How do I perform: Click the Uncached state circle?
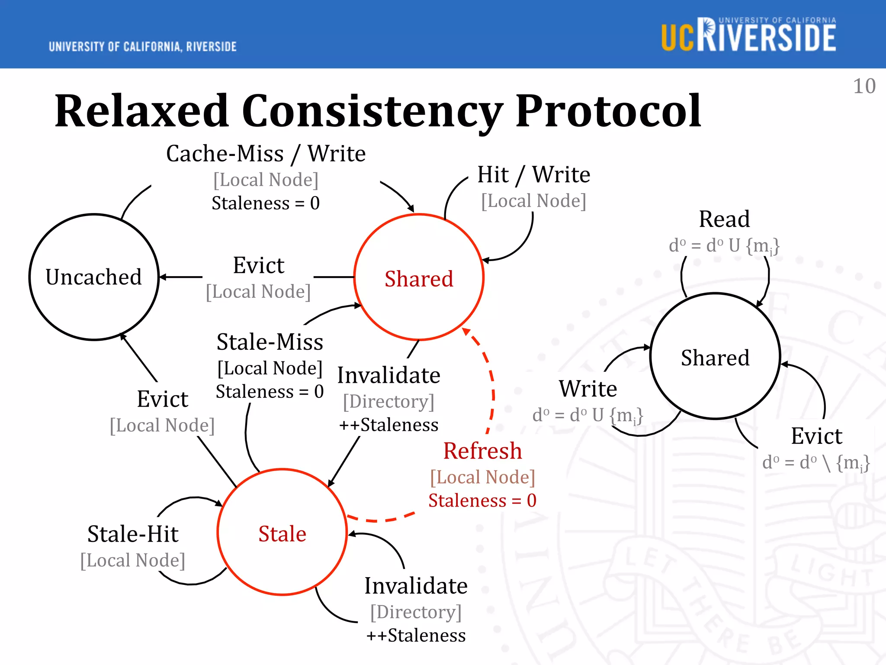(x=94, y=277)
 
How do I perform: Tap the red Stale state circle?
(x=282, y=533)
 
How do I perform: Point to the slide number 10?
(x=864, y=86)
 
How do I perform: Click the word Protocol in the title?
(x=608, y=111)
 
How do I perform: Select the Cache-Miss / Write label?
(x=266, y=154)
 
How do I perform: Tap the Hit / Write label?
(x=533, y=174)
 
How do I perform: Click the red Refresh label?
(x=482, y=451)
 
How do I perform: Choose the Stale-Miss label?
(x=270, y=342)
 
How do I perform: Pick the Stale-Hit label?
(x=133, y=533)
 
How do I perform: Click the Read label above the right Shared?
(x=724, y=219)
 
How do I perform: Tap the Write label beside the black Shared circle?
(x=587, y=388)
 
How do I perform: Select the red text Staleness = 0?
(x=482, y=500)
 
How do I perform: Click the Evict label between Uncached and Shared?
(x=258, y=265)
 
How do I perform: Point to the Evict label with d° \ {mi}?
(x=816, y=436)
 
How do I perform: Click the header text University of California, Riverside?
(x=142, y=46)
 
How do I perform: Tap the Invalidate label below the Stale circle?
(x=416, y=586)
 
